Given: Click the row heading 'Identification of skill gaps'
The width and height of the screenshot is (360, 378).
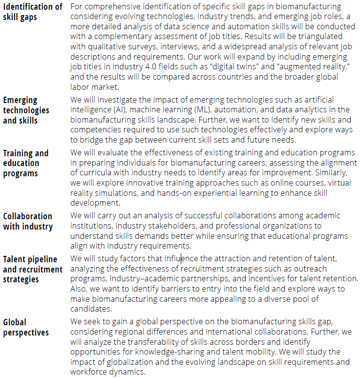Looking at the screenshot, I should tap(32, 12).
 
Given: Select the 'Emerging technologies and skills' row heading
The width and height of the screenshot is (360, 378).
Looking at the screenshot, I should tap(26, 110).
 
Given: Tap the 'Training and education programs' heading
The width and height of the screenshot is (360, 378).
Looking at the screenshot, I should tap(26, 163).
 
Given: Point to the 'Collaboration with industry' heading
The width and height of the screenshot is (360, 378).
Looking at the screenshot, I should tap(28, 221).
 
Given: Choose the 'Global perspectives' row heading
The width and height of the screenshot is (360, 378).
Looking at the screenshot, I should tap(26, 327).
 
